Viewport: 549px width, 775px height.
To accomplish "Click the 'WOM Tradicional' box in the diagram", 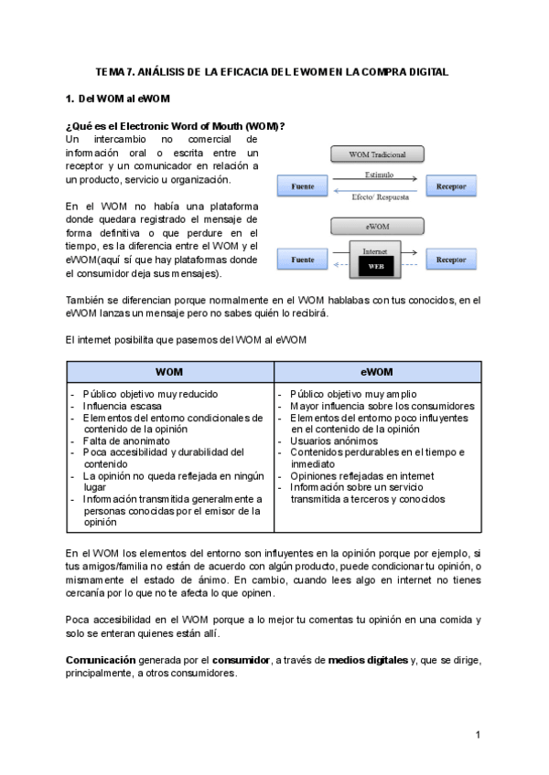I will (377, 154).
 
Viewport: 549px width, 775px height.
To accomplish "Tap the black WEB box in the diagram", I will (376, 267).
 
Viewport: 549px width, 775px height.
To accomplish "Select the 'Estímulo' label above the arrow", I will (378, 173).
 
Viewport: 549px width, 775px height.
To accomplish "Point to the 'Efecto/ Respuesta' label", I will (378, 196).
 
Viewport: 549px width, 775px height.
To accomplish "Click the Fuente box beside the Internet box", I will (302, 260).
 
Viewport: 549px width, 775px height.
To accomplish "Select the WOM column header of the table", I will (169, 372).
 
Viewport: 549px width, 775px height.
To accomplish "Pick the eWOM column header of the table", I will (376, 372).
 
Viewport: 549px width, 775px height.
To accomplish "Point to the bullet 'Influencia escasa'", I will (122, 406).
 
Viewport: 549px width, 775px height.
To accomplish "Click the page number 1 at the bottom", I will (478, 735).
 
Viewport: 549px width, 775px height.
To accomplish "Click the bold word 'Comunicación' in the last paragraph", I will (101, 660).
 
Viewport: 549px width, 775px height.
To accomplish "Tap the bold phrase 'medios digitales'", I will (369, 660).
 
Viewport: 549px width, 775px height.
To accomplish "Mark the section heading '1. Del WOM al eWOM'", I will (117, 98).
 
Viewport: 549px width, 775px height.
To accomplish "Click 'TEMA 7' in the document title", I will (115, 71).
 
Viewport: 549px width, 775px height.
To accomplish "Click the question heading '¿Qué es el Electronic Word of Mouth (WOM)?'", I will (175, 125).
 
